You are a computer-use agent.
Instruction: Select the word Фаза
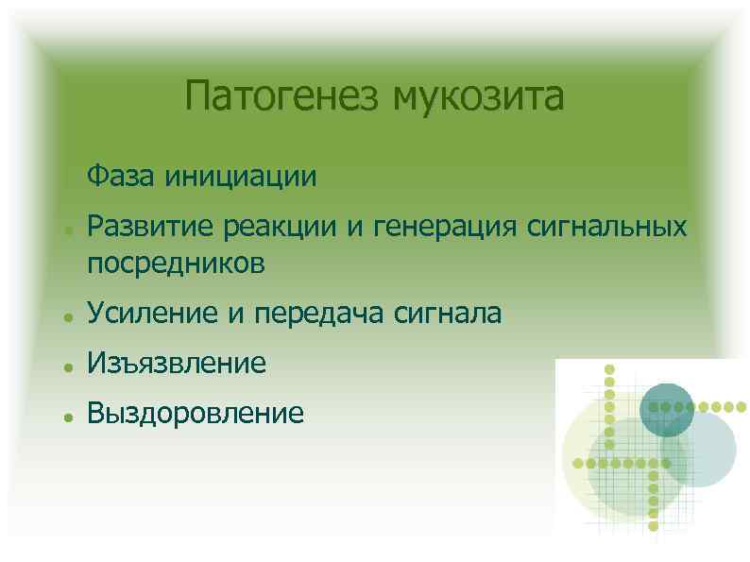pyautogui.click(x=121, y=176)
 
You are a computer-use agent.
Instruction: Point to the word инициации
pyautogui.click(x=241, y=176)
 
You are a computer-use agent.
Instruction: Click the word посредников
pyautogui.click(x=176, y=264)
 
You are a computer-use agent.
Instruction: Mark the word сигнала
pyautogui.click(x=448, y=313)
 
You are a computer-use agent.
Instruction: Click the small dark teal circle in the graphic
pyautogui.click(x=667, y=408)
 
